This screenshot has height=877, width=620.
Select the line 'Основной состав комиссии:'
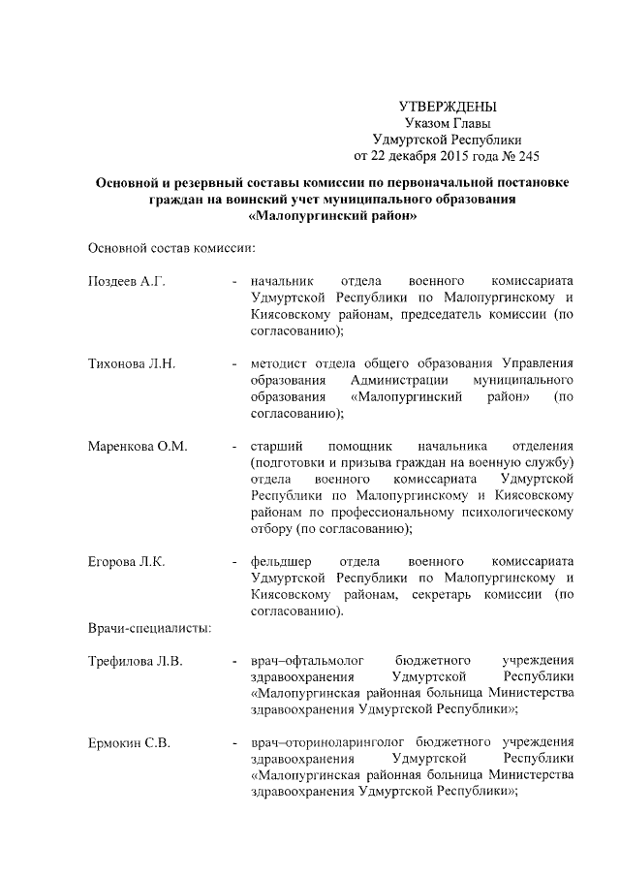coord(170,248)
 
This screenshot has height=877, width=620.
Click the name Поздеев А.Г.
coord(127,281)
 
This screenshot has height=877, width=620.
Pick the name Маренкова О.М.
coord(137,446)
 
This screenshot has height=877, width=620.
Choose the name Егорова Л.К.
coord(126,561)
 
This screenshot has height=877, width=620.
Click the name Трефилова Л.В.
coord(135,661)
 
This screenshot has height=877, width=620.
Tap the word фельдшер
coord(282,561)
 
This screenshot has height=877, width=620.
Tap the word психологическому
coord(512,512)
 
